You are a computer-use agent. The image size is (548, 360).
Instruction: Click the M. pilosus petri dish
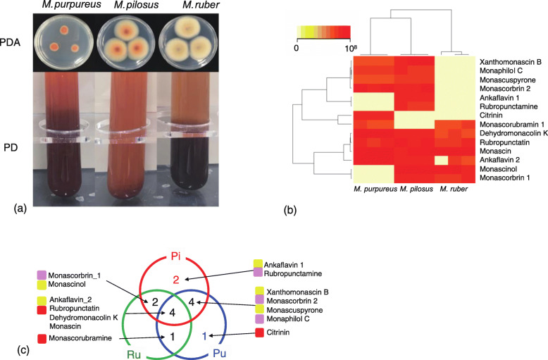(x=120, y=42)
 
